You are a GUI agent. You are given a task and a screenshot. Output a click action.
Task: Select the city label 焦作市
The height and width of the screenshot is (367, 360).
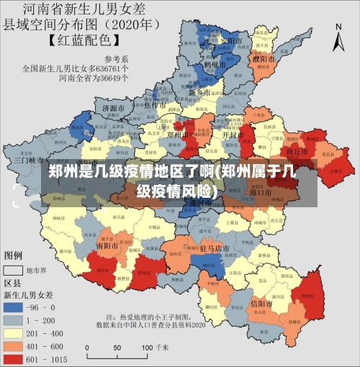tap(156, 105)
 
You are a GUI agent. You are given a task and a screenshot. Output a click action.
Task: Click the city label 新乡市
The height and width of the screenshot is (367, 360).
tap(198, 93)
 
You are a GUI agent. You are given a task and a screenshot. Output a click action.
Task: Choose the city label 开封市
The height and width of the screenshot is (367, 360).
tap(231, 135)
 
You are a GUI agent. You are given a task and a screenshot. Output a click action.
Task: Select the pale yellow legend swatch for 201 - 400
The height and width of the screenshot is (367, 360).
tap(14, 332)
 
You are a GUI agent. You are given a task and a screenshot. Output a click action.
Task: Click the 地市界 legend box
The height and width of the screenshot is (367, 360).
tap(14, 271)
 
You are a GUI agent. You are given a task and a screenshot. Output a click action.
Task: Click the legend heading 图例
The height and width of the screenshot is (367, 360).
tap(14, 255)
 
